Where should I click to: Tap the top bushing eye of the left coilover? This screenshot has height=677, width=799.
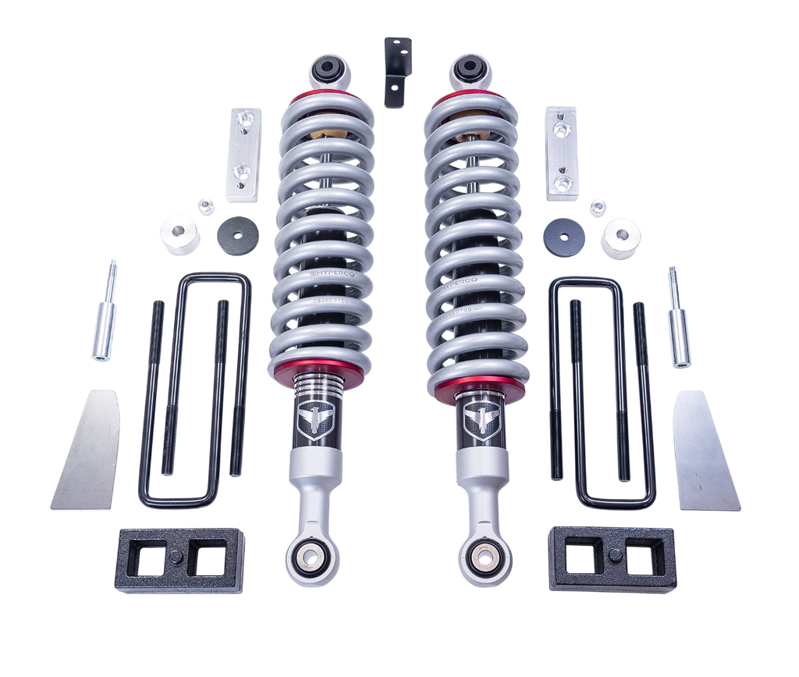pyautogui.click(x=328, y=72)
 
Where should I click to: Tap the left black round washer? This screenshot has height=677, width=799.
pyautogui.click(x=238, y=235)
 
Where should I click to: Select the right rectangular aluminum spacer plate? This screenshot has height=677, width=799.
pyautogui.click(x=561, y=152)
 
